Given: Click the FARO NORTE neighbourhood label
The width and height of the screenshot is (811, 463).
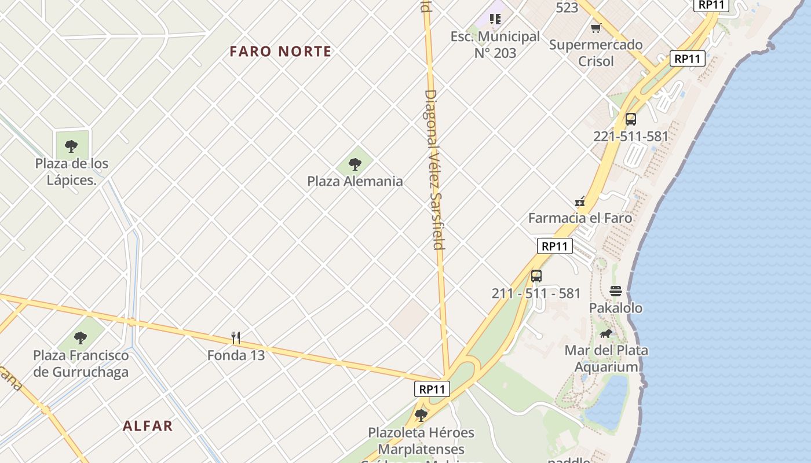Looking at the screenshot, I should (x=280, y=52).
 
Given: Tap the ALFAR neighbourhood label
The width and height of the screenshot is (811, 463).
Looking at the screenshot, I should (x=148, y=426).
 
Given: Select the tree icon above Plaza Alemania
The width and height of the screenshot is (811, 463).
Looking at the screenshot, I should (x=355, y=164).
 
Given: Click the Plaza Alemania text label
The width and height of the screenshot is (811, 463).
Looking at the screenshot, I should (x=355, y=181).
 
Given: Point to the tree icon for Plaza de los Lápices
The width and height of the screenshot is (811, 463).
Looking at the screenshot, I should (x=71, y=146).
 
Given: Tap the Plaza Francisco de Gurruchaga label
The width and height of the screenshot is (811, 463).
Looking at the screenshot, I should (x=81, y=363).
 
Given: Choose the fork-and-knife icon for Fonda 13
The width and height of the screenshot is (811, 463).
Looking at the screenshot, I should (x=236, y=337).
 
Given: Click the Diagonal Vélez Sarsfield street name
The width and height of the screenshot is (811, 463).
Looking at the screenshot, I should (x=434, y=169).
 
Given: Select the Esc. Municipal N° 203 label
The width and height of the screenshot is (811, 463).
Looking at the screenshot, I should (x=495, y=45).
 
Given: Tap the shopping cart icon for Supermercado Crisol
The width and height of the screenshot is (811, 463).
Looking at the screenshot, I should (x=596, y=28).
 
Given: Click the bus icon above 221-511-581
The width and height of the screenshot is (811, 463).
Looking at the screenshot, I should (x=631, y=119).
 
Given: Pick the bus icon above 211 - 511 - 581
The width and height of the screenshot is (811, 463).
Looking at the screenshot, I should (x=536, y=275).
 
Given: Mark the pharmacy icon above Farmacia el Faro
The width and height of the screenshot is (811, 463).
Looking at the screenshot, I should (x=579, y=201).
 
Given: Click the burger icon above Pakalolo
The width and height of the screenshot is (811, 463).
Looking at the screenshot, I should (x=616, y=291).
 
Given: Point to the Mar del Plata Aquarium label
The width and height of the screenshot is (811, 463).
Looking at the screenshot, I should (x=607, y=358).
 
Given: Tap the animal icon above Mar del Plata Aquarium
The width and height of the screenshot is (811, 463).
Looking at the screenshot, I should (x=606, y=333).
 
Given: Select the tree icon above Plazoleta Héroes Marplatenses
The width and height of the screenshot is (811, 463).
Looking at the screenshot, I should (x=421, y=415).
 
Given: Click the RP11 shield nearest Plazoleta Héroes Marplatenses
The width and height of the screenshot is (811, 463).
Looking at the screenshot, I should (x=432, y=389).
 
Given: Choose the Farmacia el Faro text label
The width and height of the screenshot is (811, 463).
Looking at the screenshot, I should (x=580, y=218).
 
